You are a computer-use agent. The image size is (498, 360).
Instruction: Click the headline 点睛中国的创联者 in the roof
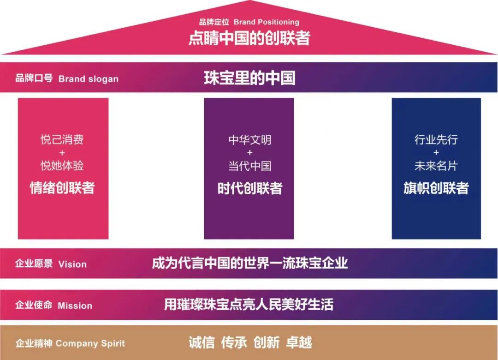pyautogui.click(x=249, y=38)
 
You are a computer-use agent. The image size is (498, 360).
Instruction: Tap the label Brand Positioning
pyautogui.click(x=266, y=22)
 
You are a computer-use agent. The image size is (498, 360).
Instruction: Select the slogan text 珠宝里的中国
pyautogui.click(x=249, y=78)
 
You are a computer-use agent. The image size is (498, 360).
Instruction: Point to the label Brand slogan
pyautogui.click(x=88, y=79)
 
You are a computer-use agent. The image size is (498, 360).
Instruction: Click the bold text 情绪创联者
pyautogui.click(x=62, y=188)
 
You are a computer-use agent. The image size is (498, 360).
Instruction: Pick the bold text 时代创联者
pyautogui.click(x=249, y=188)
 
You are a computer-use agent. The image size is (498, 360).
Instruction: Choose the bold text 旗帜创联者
pyautogui.click(x=436, y=188)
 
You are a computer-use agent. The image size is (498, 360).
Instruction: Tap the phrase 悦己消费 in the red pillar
pyautogui.click(x=62, y=140)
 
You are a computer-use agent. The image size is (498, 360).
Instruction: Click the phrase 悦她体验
pyautogui.click(x=62, y=166)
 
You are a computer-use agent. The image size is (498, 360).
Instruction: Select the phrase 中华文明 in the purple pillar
pyautogui.click(x=249, y=140)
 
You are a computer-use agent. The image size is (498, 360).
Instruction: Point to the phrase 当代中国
pyautogui.click(x=249, y=166)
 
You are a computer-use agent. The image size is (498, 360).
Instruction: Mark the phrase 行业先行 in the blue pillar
pyautogui.click(x=436, y=140)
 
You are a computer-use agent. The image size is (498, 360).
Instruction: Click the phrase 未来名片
pyautogui.click(x=436, y=166)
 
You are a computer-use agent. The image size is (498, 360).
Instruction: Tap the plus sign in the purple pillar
pyautogui.click(x=249, y=153)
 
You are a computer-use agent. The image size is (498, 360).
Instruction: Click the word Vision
pyautogui.click(x=72, y=264)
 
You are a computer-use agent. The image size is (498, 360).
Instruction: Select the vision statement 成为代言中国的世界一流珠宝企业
pyautogui.click(x=249, y=264)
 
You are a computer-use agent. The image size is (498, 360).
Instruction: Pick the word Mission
pyautogui.click(x=75, y=306)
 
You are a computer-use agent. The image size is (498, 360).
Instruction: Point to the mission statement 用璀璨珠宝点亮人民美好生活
pyautogui.click(x=249, y=305)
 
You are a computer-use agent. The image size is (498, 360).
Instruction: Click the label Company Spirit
pyautogui.click(x=90, y=343)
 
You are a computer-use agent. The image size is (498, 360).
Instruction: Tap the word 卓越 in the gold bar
pyautogui.click(x=299, y=342)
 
